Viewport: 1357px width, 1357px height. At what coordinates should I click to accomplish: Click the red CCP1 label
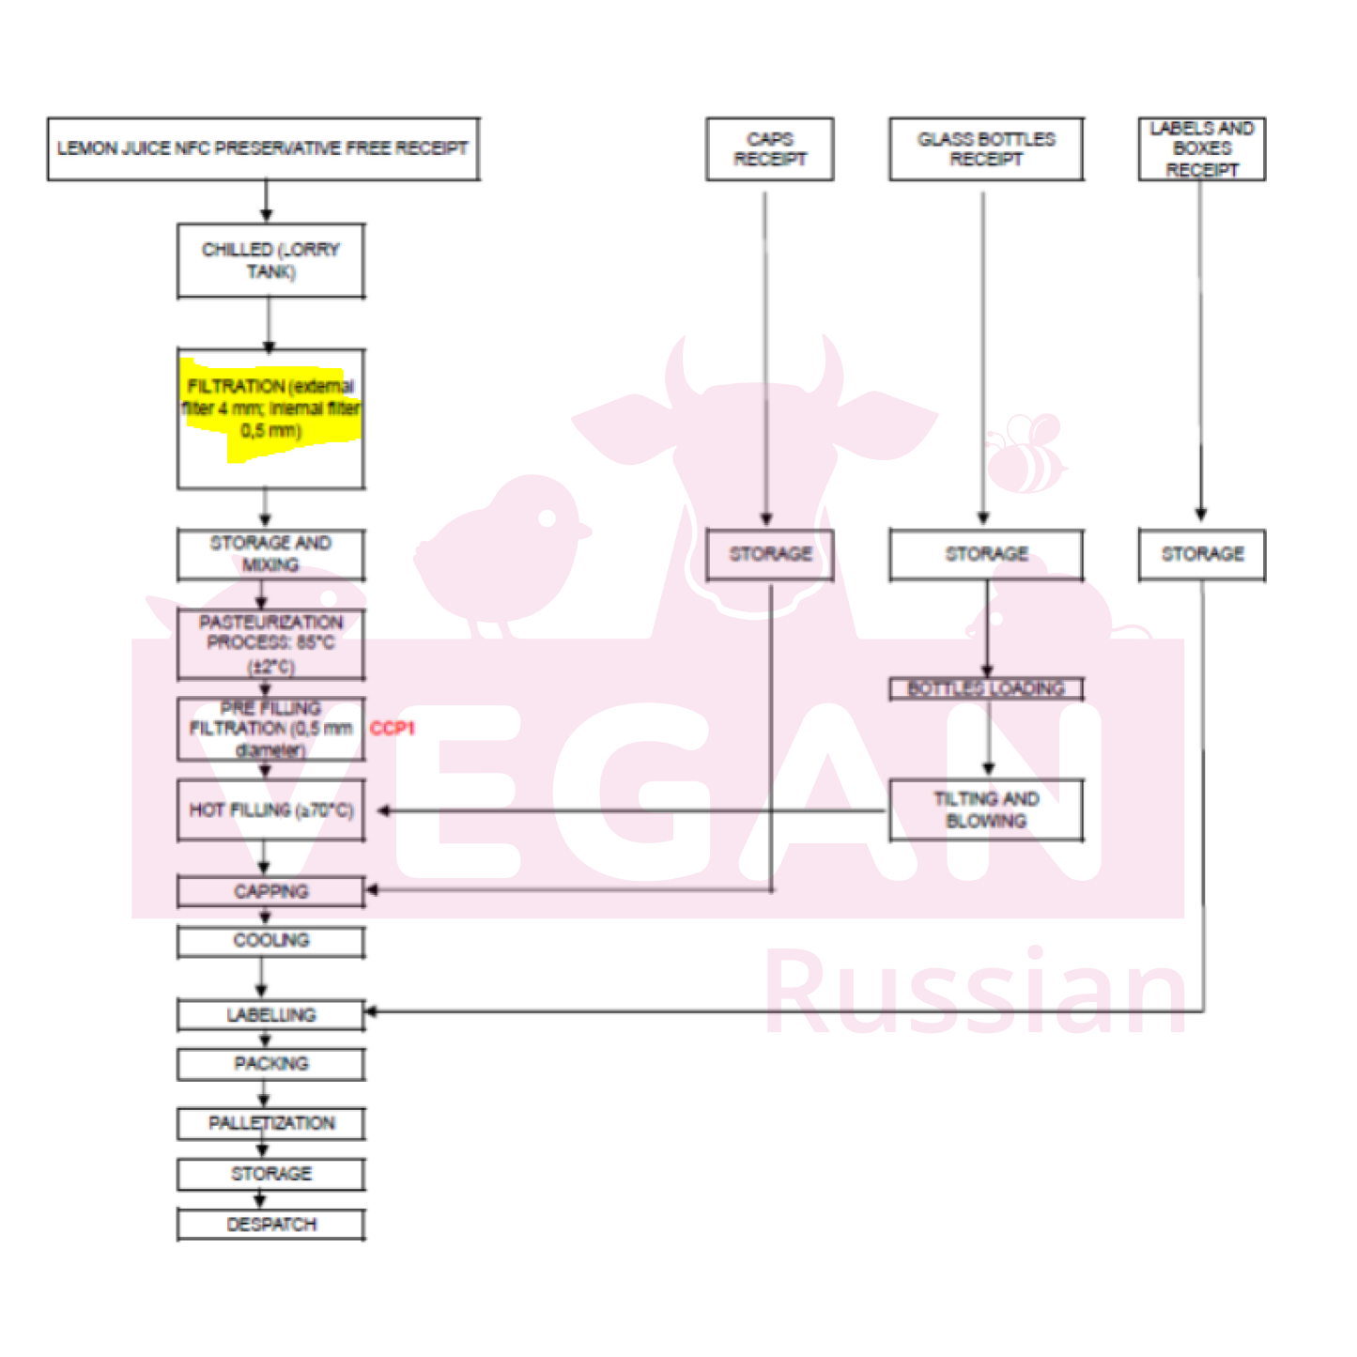(x=392, y=728)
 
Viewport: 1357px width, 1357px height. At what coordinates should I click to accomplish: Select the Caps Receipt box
(x=769, y=149)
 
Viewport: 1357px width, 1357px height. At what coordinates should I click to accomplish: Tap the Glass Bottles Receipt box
(x=986, y=149)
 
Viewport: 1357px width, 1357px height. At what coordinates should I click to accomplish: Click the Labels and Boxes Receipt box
(x=1201, y=149)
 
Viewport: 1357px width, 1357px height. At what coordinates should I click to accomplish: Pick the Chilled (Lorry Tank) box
(x=270, y=261)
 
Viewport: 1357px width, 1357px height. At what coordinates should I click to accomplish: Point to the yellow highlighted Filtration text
(x=270, y=409)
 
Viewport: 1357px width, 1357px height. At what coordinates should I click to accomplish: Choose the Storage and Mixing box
(x=270, y=554)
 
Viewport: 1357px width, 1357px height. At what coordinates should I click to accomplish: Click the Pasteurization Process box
(x=270, y=644)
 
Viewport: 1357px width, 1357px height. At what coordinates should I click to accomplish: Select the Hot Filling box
(x=270, y=810)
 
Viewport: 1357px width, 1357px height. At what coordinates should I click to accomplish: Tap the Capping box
(x=270, y=891)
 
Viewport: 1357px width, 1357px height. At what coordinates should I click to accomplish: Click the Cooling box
(x=270, y=941)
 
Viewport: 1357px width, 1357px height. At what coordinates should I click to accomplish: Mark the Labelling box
(x=270, y=1015)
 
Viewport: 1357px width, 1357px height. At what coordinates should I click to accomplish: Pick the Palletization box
(x=270, y=1123)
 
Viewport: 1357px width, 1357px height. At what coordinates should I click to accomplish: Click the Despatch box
(x=270, y=1225)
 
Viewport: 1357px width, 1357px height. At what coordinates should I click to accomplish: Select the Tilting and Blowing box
(x=986, y=810)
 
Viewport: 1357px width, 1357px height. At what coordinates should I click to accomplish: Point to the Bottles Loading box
(x=986, y=688)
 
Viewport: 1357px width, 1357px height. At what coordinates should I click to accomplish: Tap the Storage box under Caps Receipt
(x=769, y=554)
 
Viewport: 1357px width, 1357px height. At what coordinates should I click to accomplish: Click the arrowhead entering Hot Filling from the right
(x=383, y=810)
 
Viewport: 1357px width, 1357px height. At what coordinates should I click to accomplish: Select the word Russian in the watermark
(x=977, y=993)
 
